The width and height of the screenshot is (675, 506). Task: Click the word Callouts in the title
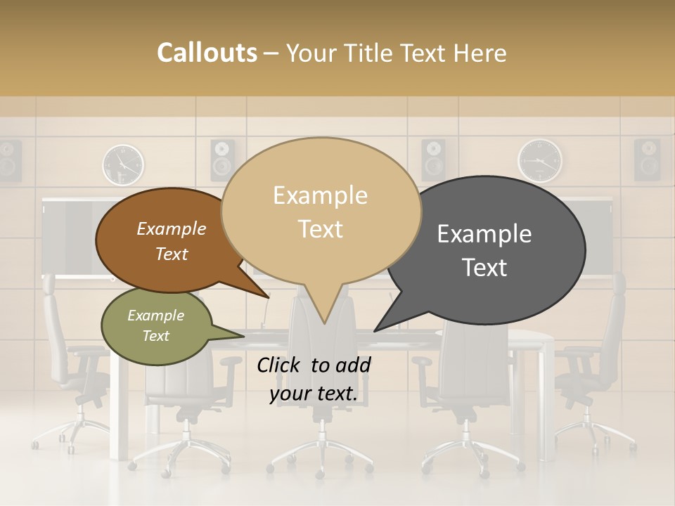click(x=207, y=53)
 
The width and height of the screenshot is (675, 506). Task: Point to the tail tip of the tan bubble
click(x=324, y=322)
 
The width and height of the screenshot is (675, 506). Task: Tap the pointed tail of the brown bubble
click(x=266, y=296)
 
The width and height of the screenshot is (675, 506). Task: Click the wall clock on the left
click(x=123, y=164)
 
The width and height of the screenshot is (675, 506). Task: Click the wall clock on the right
click(x=540, y=161)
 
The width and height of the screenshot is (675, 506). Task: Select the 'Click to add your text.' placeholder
click(x=314, y=379)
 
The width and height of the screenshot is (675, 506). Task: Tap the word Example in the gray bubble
click(x=484, y=234)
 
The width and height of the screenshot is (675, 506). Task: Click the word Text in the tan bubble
click(x=320, y=229)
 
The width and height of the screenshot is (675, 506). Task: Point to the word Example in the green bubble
click(x=155, y=316)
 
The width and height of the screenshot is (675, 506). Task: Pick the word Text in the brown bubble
click(x=172, y=254)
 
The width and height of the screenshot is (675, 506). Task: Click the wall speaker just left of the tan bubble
click(x=223, y=160)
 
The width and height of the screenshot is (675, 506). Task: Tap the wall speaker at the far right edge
click(x=647, y=160)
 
